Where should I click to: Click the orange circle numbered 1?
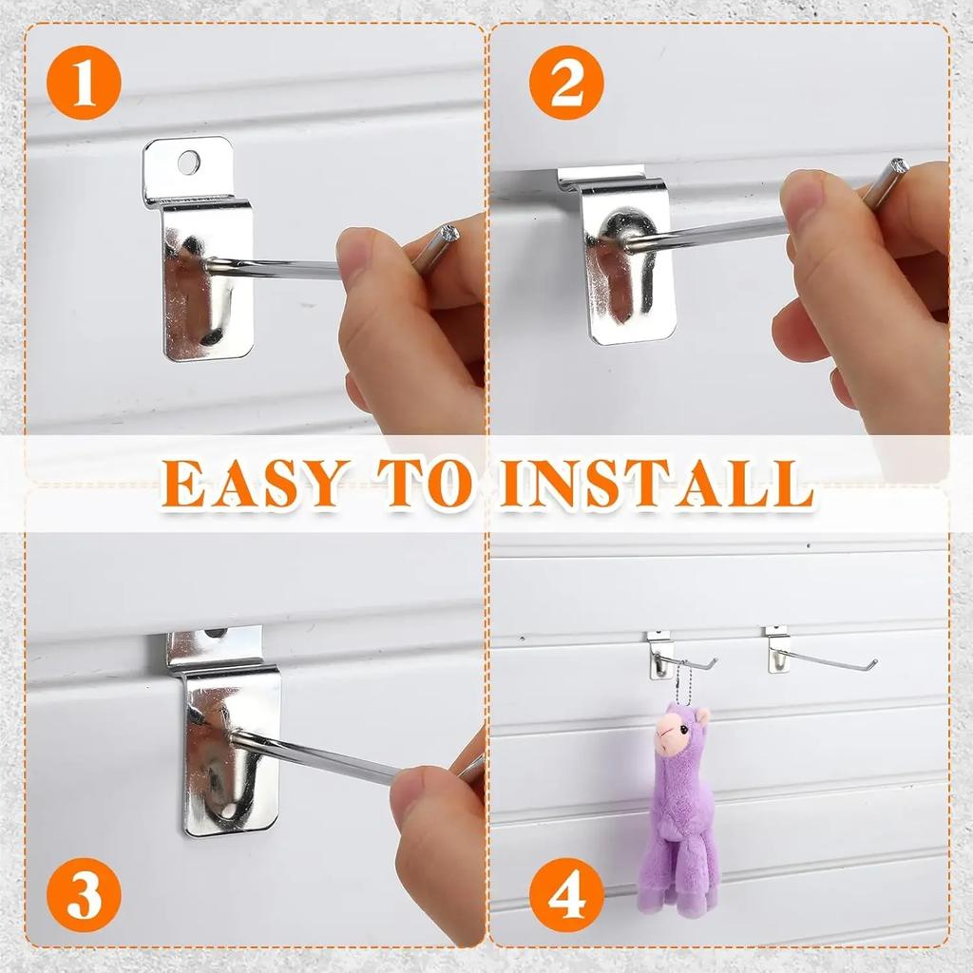84,82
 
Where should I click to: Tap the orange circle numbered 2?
566,82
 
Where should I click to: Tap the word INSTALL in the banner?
656,484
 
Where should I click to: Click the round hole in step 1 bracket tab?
189,162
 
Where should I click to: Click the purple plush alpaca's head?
679,732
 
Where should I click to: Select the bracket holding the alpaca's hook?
660,656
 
